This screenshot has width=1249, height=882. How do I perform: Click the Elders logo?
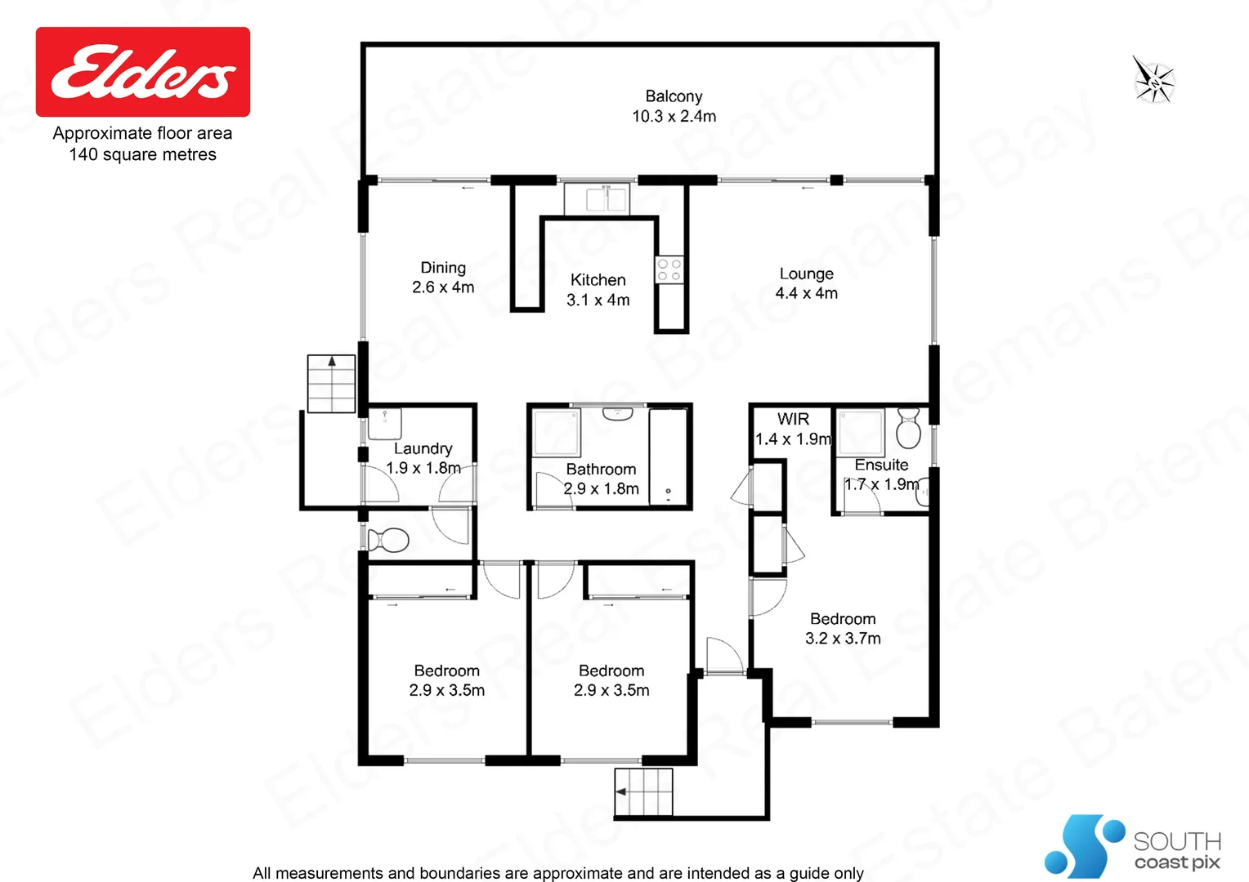click(x=143, y=72)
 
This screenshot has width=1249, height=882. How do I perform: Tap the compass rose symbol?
click(x=1153, y=81)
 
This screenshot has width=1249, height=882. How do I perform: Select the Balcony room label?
click(x=674, y=96)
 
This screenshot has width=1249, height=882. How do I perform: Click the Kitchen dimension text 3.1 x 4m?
click(x=598, y=300)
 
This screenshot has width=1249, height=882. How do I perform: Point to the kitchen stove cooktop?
click(x=669, y=270)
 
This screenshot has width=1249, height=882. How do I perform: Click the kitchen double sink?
click(x=597, y=198)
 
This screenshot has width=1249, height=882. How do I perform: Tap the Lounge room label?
click(x=806, y=274)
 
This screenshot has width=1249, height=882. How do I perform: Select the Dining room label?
click(x=443, y=268)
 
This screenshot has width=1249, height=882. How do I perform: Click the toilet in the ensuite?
click(x=908, y=428)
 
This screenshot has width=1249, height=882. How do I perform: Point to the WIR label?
click(x=793, y=419)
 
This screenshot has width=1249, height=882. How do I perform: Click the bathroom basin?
click(x=618, y=414)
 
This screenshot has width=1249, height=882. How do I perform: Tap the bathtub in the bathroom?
click(x=669, y=456)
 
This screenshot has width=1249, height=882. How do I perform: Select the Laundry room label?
click(x=423, y=448)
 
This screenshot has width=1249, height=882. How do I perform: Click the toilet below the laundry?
click(x=388, y=541)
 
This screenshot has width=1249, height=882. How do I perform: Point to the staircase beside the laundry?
click(x=331, y=383)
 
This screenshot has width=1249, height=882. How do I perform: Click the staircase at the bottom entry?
click(x=644, y=791)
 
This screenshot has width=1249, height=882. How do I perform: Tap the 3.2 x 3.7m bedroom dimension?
click(x=843, y=639)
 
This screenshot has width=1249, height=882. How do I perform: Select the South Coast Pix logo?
click(x=1133, y=847)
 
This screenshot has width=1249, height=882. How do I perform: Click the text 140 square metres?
click(x=143, y=154)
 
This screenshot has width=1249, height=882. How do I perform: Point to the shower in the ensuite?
click(x=860, y=432)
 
